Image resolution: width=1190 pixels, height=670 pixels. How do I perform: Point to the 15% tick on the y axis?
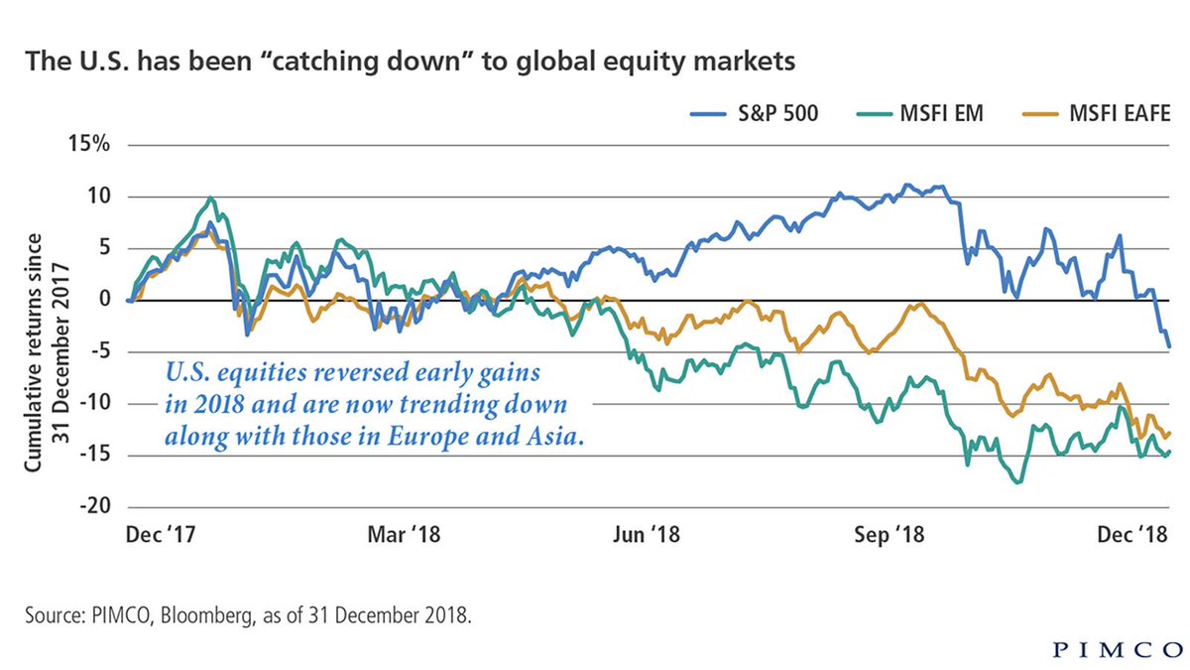pyautogui.click(x=92, y=144)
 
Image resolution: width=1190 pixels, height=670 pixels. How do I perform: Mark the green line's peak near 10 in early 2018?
pyautogui.click(x=210, y=198)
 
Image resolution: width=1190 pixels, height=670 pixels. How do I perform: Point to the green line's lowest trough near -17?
pyautogui.click(x=1017, y=482)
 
